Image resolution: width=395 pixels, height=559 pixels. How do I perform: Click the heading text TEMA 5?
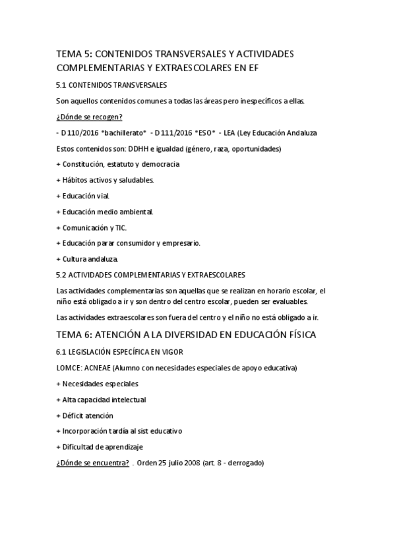77,53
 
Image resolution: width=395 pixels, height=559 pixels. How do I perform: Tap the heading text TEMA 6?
77,335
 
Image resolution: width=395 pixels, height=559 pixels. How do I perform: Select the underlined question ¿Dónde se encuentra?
93,463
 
